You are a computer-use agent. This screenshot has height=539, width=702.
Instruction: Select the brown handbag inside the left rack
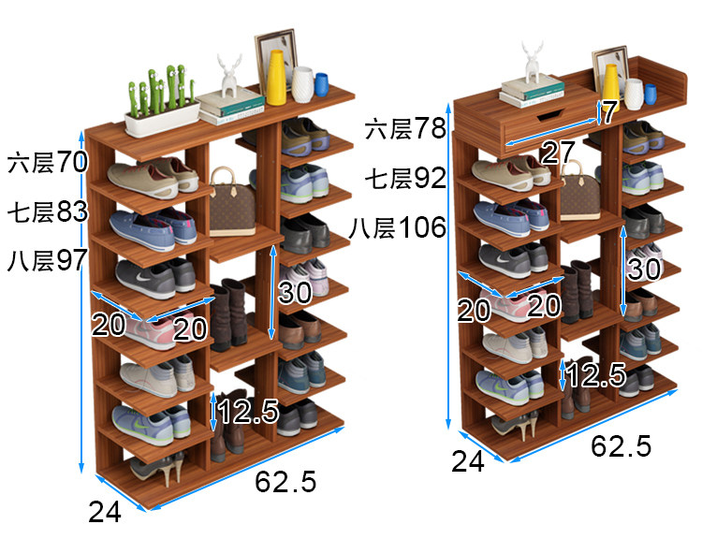tap(231, 204)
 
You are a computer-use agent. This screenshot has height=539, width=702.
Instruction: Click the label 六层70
tap(47, 162)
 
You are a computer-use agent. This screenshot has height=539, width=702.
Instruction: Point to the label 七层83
tap(47, 211)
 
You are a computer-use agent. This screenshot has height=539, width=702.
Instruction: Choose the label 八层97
tap(47, 260)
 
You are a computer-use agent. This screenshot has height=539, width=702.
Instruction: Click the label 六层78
tap(406, 128)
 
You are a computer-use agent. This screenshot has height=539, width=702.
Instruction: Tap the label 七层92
tap(406, 177)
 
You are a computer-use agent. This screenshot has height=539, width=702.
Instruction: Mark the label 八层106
tap(399, 227)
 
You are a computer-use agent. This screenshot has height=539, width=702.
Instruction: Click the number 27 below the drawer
tap(558, 153)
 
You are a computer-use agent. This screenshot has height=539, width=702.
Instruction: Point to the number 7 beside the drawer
tap(609, 113)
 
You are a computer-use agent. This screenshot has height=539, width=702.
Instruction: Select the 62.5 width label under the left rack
tap(285, 482)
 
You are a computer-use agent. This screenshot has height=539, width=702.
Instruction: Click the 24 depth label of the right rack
tap(468, 460)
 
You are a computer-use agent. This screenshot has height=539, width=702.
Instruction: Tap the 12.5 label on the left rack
tap(249, 410)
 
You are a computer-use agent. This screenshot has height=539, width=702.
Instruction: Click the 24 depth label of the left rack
tap(105, 512)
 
